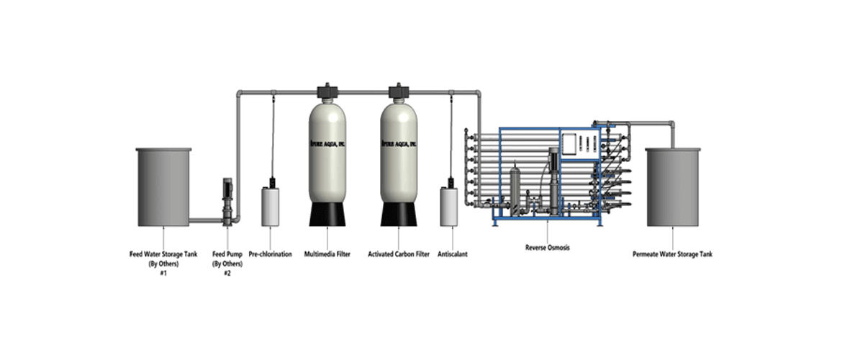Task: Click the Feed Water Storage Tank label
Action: (163, 254)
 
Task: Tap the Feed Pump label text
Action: (226, 254)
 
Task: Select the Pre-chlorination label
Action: (271, 254)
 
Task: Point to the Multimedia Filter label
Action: (327, 254)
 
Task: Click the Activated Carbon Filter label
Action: (399, 254)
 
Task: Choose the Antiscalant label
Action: (453, 254)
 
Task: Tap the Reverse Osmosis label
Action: (546, 248)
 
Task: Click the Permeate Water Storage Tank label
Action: (673, 254)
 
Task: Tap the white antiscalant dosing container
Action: (449, 205)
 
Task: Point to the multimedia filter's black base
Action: (328, 212)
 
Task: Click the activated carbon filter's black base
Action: (399, 212)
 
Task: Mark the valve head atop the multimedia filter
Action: (327, 91)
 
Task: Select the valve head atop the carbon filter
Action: (399, 91)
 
